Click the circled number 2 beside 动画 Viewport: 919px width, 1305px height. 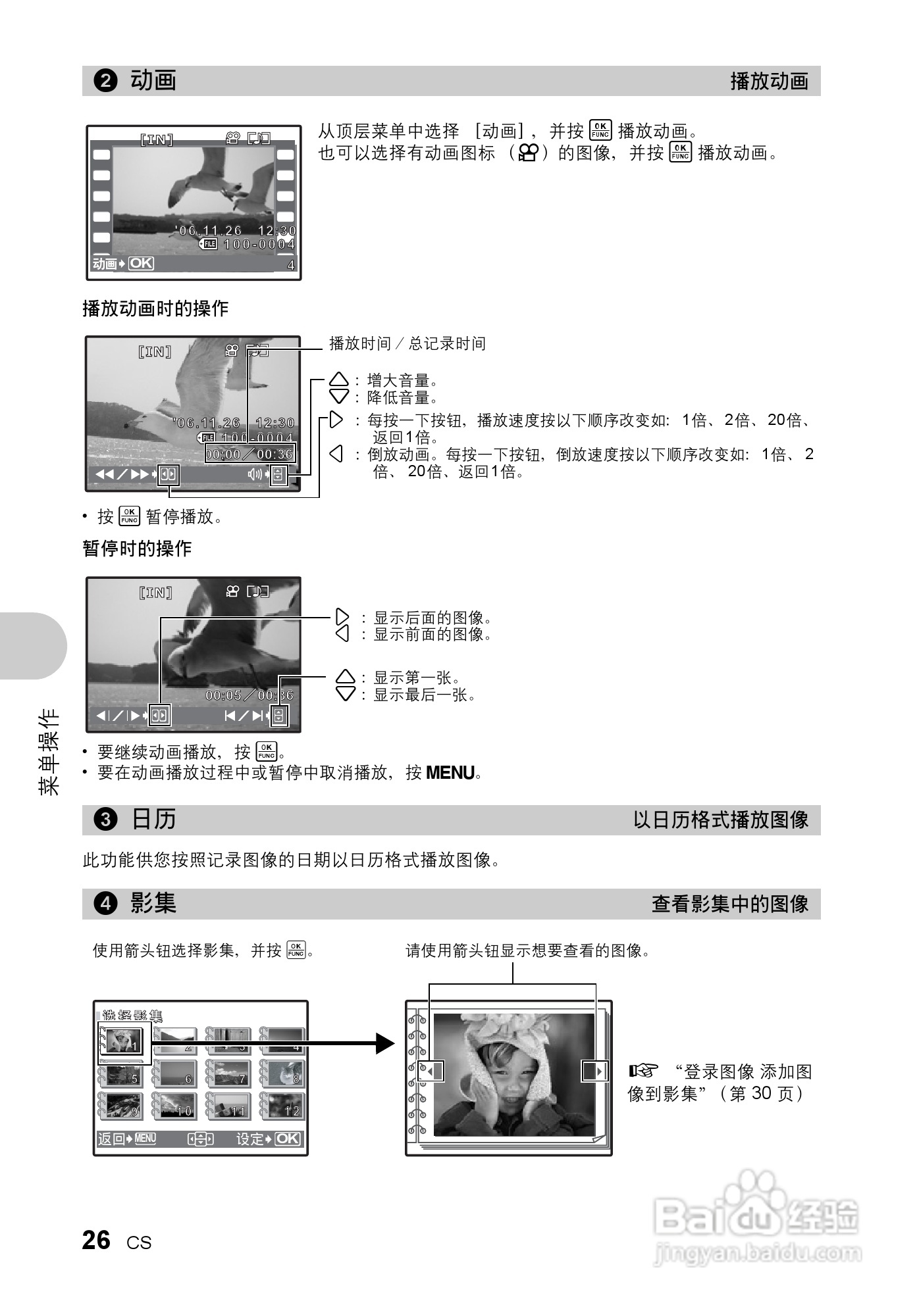click(106, 81)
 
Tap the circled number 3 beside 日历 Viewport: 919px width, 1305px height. click(106, 820)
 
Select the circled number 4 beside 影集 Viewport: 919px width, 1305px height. click(106, 904)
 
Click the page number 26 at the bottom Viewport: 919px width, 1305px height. click(97, 1241)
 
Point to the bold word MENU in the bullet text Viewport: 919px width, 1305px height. click(450, 772)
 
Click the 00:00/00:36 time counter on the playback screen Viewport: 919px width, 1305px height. click(249, 454)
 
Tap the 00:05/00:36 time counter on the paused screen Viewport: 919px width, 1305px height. click(249, 695)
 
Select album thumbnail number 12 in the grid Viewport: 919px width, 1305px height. click(283, 1106)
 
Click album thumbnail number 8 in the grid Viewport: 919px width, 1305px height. click(283, 1073)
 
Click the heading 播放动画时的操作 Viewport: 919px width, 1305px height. click(155, 308)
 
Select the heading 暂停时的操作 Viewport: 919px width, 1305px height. click(137, 549)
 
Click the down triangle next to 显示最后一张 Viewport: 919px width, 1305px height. click(345, 694)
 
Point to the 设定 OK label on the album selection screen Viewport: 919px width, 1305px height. click(269, 1139)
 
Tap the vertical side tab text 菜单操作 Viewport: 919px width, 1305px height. click(49, 751)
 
